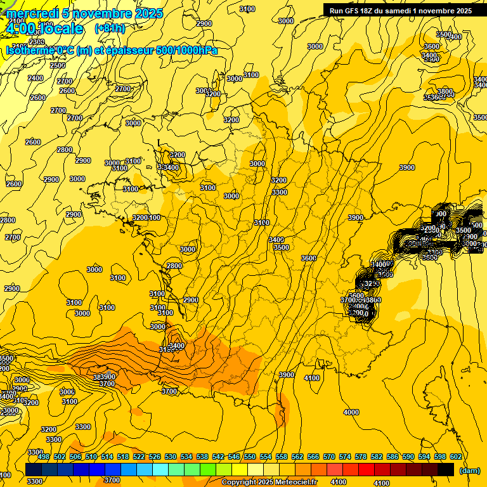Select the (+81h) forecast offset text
(110, 29)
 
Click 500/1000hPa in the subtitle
(190, 51)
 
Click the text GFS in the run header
(354, 11)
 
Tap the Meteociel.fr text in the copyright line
(295, 483)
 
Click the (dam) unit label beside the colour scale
(469, 470)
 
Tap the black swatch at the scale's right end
(446, 469)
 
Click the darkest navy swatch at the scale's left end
(34, 469)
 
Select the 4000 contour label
(351, 413)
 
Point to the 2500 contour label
(58, 65)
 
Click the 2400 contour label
(36, 78)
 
